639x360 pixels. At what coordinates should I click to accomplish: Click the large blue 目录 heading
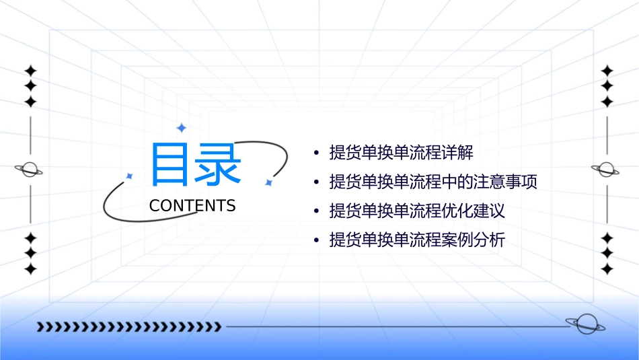(195, 165)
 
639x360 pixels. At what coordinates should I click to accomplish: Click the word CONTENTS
(192, 206)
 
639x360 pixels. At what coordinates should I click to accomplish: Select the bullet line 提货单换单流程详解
(401, 153)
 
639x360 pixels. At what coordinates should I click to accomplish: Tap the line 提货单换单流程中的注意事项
(433, 182)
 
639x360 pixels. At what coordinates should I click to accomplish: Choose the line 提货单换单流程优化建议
(417, 211)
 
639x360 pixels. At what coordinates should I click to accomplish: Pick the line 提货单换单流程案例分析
(417, 240)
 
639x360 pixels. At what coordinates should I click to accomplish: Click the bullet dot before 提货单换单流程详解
(316, 153)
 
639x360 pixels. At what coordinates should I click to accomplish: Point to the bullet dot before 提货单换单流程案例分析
(316, 241)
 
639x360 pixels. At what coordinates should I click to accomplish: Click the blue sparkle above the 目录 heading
(180, 128)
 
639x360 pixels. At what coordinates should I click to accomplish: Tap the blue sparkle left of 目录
(130, 176)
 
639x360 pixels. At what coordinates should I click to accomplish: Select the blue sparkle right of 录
(268, 182)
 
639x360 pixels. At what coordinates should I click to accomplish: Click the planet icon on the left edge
(29, 170)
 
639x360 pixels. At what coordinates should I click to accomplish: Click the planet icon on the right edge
(606, 170)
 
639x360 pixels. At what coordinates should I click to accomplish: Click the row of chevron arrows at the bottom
(128, 327)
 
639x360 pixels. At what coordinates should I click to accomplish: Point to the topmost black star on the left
(30, 71)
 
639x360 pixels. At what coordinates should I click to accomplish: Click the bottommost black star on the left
(30, 269)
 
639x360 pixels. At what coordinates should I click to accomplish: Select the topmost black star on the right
(607, 71)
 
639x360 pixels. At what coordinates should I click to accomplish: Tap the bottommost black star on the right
(607, 269)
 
